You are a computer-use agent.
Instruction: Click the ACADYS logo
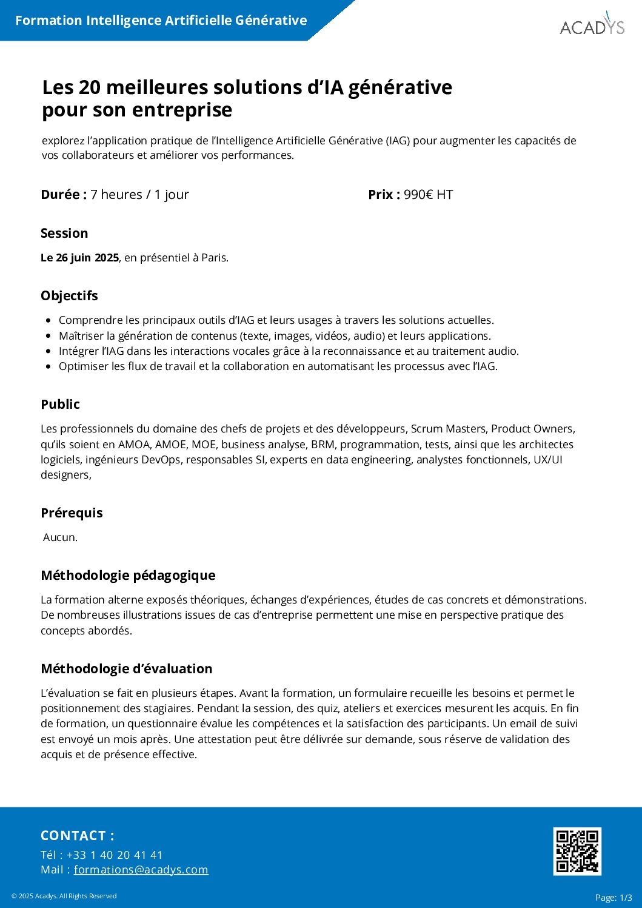(x=592, y=26)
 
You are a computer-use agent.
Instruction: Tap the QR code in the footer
(x=577, y=851)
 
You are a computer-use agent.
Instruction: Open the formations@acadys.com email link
(x=141, y=870)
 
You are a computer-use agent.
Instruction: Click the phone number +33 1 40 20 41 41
(x=115, y=855)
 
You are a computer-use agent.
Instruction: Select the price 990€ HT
(x=428, y=195)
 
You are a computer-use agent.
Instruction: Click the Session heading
(x=64, y=234)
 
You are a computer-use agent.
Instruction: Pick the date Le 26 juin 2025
(x=79, y=258)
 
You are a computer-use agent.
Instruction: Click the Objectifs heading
(x=69, y=296)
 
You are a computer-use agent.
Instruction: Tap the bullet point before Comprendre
(x=48, y=320)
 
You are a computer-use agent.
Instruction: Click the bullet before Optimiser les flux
(x=48, y=366)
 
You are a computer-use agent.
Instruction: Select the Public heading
(x=60, y=405)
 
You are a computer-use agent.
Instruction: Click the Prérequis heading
(x=72, y=513)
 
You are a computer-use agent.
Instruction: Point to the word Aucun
(x=60, y=537)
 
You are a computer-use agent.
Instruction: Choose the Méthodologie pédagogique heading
(x=128, y=576)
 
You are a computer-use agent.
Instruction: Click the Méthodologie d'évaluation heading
(x=126, y=669)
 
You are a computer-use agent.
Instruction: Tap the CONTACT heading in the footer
(x=77, y=836)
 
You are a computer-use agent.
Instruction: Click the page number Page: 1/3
(x=614, y=898)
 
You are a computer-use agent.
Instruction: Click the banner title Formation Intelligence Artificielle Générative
(x=161, y=21)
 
